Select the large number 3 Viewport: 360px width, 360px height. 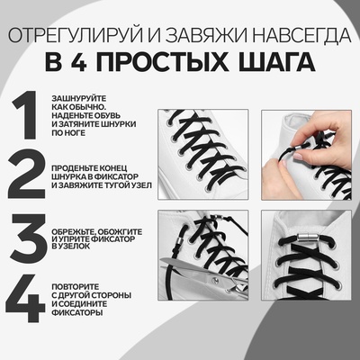26,239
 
